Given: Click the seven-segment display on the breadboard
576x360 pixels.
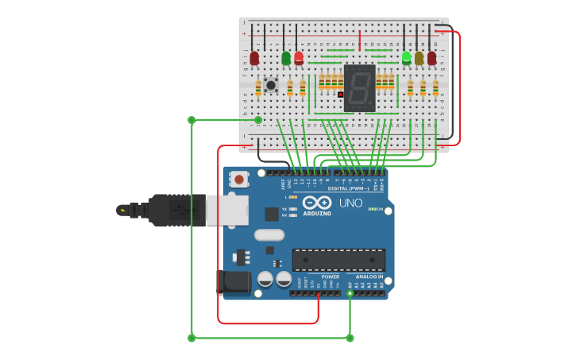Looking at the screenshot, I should click(359, 87).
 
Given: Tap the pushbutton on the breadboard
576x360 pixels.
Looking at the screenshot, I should click(271, 84).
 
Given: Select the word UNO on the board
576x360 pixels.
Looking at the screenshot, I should click(351, 203).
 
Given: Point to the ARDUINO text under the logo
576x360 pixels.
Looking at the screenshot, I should click(317, 213).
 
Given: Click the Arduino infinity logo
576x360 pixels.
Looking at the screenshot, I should click(317, 203).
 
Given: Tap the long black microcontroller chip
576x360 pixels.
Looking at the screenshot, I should click(338, 259).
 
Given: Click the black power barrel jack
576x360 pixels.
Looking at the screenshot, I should click(234, 281).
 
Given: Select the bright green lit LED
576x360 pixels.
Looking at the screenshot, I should click(407, 57).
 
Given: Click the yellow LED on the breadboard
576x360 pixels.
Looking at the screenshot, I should click(419, 58).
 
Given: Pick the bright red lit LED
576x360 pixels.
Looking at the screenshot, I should click(299, 57).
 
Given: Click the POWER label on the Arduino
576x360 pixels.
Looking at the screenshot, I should click(331, 277).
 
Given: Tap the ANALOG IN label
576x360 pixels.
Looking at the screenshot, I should click(369, 277).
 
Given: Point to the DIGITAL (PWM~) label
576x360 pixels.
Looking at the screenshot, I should click(349, 188).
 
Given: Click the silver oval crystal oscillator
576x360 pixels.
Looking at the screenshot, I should click(269, 234).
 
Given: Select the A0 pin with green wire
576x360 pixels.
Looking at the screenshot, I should click(350, 293).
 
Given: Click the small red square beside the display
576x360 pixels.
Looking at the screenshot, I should click(341, 95).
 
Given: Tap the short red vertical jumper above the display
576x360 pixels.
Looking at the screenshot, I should click(359, 41).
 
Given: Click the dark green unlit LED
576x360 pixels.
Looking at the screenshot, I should click(286, 58).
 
